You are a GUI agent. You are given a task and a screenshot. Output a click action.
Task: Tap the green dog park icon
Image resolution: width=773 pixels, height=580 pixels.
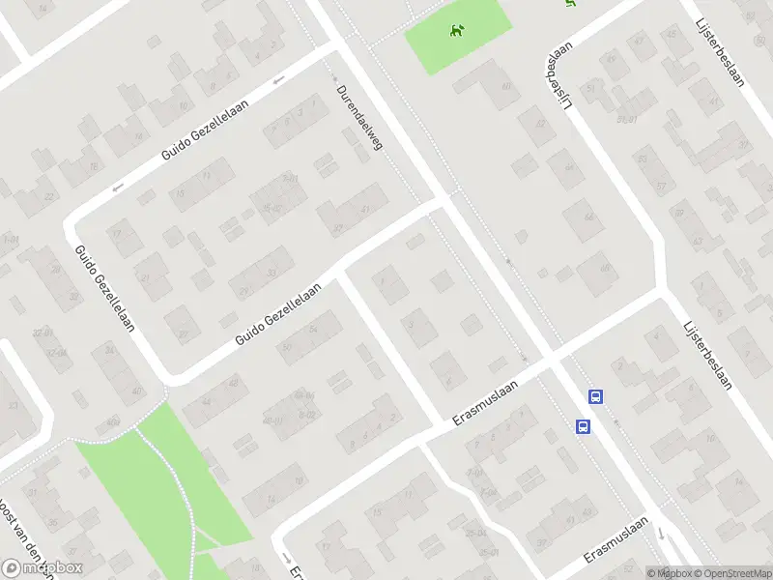[455, 30]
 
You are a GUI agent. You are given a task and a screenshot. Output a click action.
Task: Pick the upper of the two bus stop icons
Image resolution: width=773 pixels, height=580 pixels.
[596, 396]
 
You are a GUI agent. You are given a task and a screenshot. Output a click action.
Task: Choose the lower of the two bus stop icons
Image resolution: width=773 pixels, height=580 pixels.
[584, 425]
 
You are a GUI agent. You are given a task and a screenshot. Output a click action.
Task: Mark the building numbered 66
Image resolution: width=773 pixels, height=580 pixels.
[587, 218]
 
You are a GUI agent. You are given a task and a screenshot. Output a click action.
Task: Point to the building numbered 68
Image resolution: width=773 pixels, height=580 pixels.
[606, 268]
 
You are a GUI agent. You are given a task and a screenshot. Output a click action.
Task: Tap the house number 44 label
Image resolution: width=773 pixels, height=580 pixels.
[205, 401]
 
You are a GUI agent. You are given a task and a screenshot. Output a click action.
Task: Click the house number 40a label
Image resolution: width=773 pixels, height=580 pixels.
[113, 421]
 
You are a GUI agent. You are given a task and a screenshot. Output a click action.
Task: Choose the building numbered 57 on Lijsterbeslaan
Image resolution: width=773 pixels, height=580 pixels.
[661, 187]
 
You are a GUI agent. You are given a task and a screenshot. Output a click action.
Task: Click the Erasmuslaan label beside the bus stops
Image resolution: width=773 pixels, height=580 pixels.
[486, 402]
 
